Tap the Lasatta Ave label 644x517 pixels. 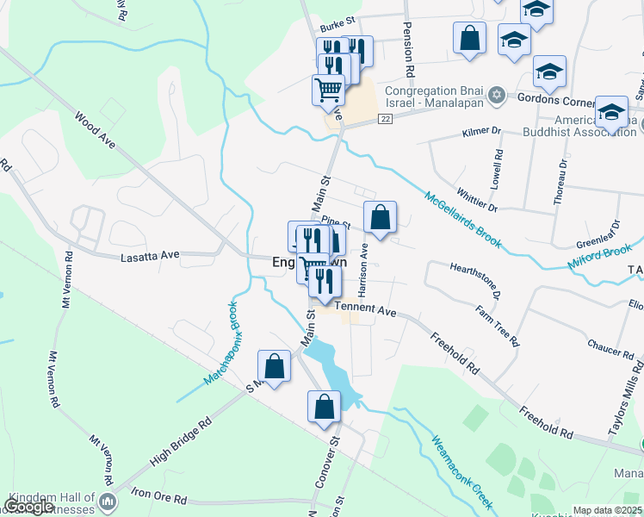click(x=150, y=255)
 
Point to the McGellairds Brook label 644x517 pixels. click(x=462, y=219)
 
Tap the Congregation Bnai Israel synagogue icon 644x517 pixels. click(x=496, y=95)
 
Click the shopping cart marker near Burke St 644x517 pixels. click(x=328, y=89)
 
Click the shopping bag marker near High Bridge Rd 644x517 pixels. click(x=274, y=366)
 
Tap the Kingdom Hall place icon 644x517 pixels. click(x=108, y=501)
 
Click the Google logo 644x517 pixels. click(x=29, y=507)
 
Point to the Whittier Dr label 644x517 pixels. click(x=480, y=202)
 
